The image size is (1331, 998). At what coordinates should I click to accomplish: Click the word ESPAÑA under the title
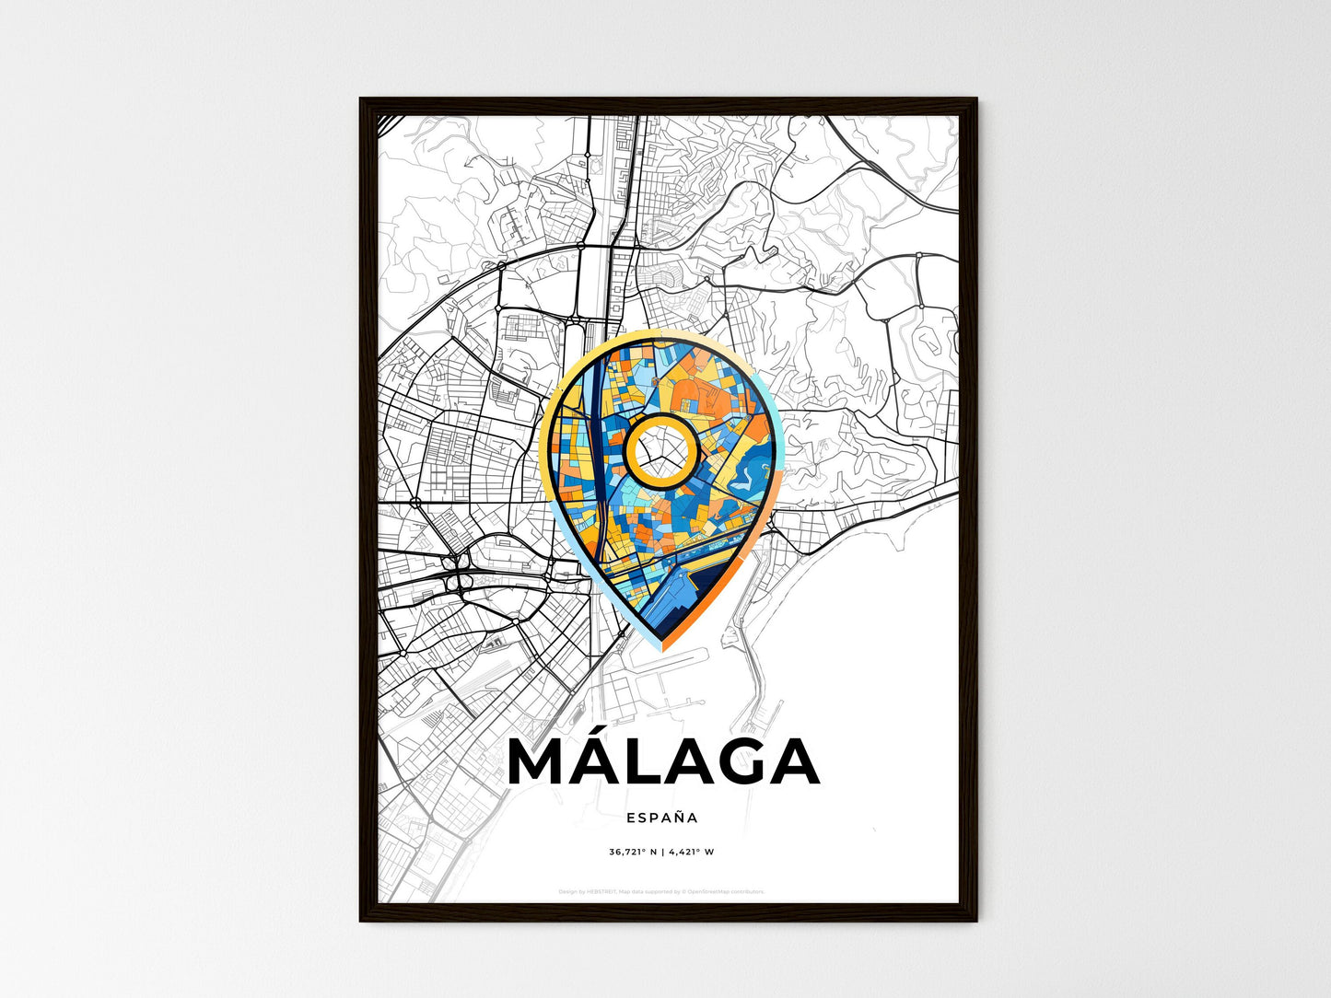point(661,817)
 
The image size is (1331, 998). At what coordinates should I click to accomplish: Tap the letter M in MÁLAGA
point(543,762)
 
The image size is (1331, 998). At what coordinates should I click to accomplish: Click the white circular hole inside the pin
point(660,450)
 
